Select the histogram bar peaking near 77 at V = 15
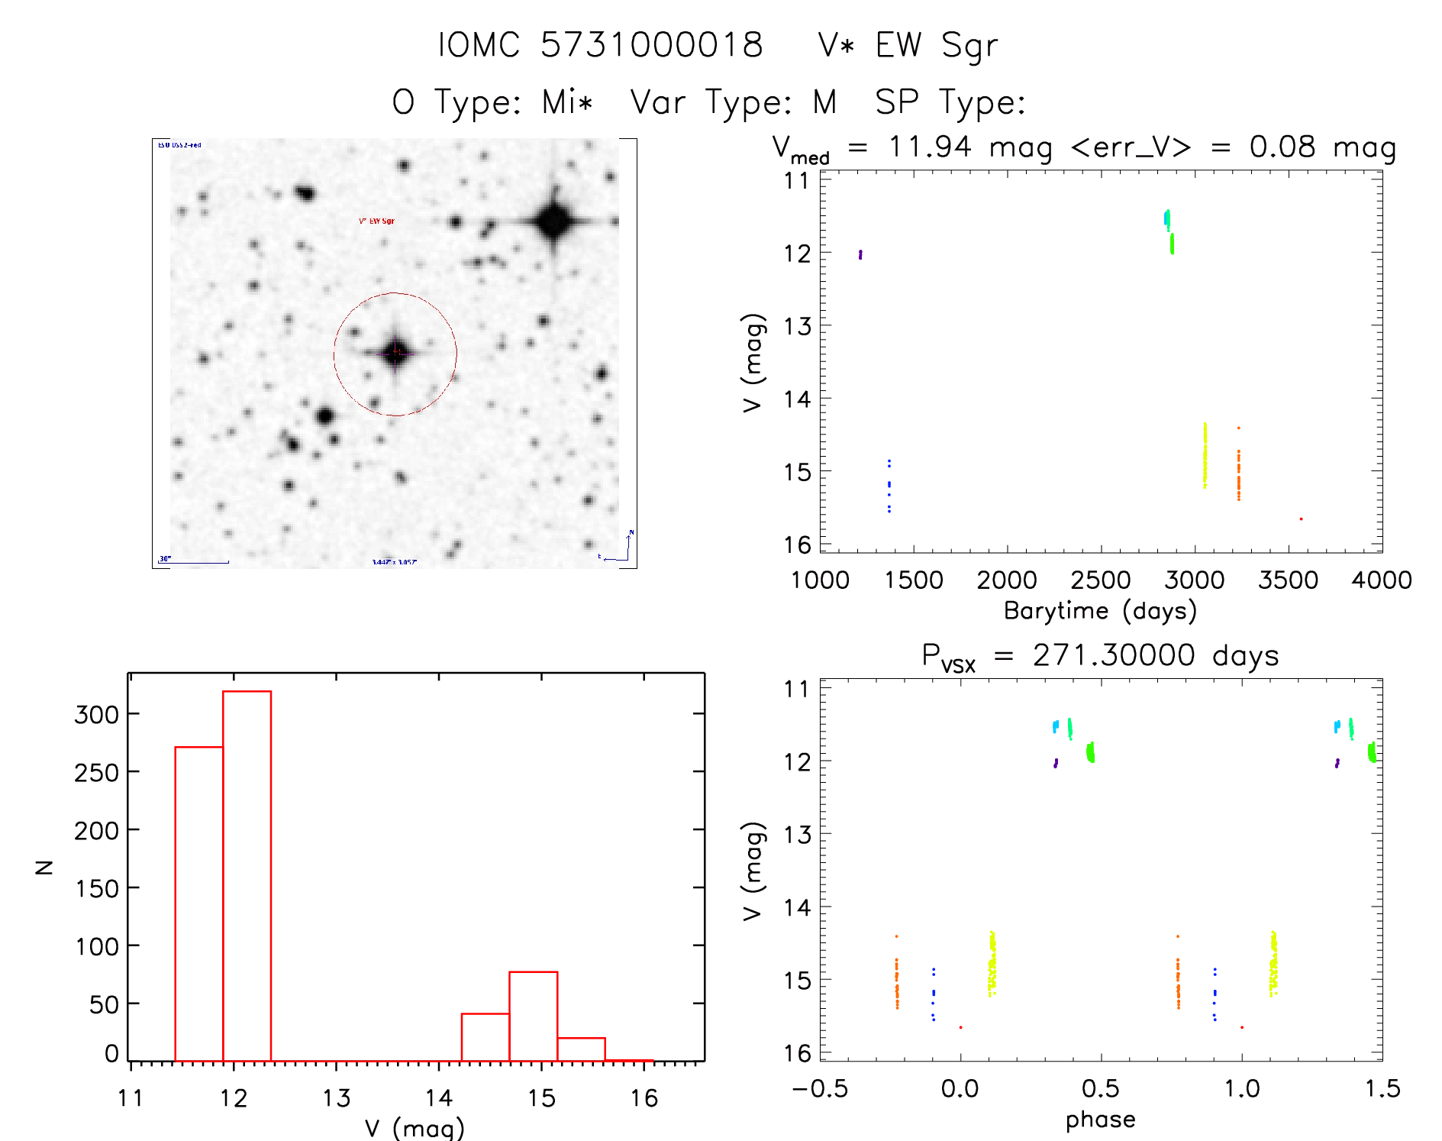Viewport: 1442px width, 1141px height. tap(533, 1016)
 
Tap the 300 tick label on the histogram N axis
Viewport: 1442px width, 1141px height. tap(97, 715)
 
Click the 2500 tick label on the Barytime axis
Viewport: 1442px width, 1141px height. tap(1100, 580)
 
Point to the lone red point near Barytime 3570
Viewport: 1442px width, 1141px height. tap(1301, 519)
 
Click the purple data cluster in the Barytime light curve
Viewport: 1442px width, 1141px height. tap(860, 254)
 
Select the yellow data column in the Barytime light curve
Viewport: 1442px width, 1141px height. tap(1205, 456)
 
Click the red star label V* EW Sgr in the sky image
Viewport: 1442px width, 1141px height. tap(376, 221)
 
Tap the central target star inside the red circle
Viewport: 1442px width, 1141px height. tap(395, 353)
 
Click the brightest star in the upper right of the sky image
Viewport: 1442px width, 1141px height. tap(553, 222)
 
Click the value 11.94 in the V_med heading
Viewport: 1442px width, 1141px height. tap(930, 147)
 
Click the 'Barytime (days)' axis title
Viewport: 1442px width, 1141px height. tap(1100, 611)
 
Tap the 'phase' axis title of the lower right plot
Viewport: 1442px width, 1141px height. tap(1100, 1120)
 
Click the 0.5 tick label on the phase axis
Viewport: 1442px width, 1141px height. tap(1100, 1089)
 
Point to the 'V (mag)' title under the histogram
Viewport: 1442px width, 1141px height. tap(415, 1128)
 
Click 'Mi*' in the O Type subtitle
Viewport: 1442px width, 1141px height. tap(567, 102)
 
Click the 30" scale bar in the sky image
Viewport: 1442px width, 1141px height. tap(194, 561)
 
